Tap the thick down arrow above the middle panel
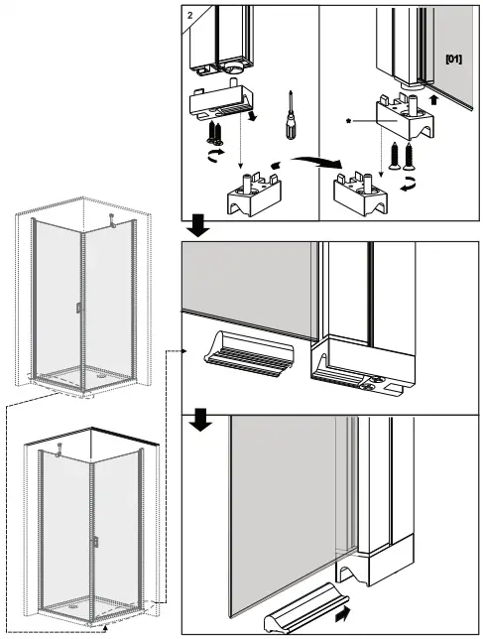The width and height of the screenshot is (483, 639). coord(198,227)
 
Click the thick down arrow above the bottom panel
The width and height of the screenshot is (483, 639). coord(198,420)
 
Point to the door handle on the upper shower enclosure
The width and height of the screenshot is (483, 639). coord(77,311)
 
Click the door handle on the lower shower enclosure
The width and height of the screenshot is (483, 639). coord(96,543)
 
